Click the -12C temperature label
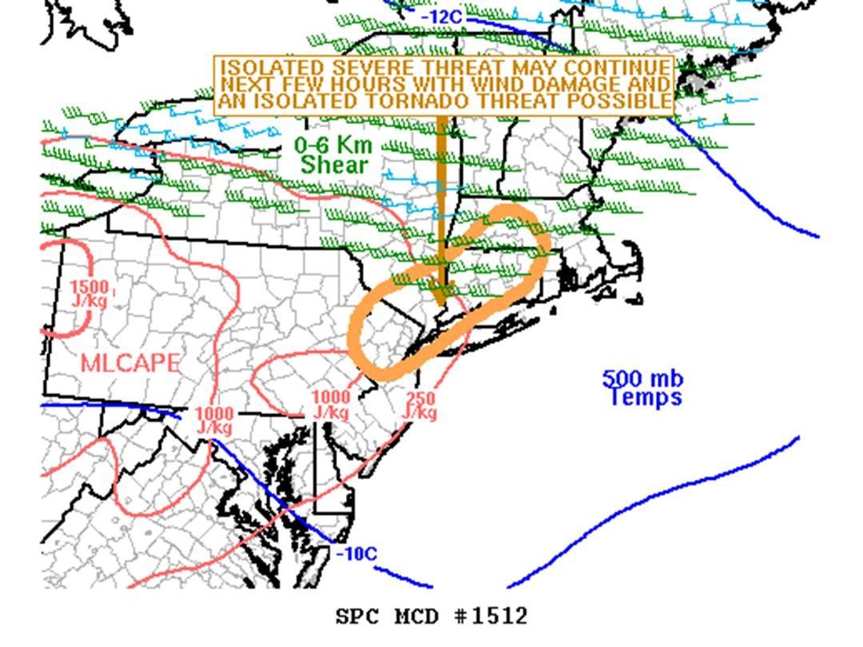442,17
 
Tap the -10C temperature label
357,553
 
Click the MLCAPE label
130,363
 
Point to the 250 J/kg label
420,405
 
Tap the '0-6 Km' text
333,145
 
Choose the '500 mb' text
642,378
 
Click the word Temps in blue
646,397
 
